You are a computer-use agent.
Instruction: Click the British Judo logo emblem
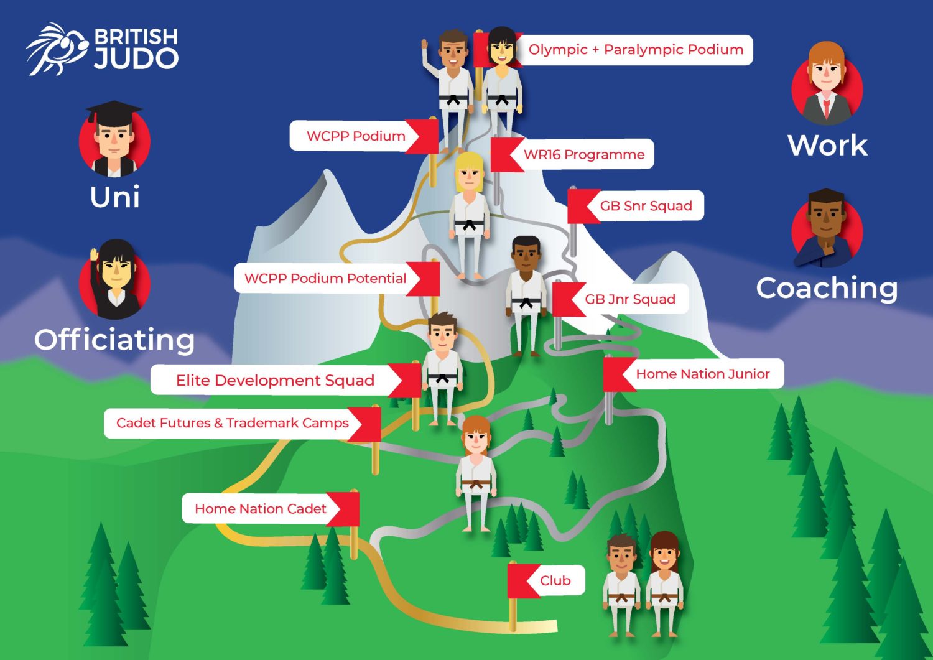click(56, 49)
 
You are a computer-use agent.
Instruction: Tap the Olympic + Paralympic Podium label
click(636, 50)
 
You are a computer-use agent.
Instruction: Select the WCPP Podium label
click(355, 136)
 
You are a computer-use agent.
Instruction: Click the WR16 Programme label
click(583, 154)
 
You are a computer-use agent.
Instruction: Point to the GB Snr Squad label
click(646, 206)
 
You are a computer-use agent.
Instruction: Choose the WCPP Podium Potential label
click(325, 278)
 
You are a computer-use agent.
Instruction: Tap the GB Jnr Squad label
click(629, 299)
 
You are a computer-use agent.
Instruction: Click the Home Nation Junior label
click(702, 374)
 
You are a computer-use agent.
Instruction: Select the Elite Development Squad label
click(275, 380)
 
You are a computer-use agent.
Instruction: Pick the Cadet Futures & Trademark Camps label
click(232, 423)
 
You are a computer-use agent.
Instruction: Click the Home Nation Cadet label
click(260, 509)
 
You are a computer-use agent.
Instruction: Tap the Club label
click(555, 580)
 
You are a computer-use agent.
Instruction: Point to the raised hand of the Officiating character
click(94, 256)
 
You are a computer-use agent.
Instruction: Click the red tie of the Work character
click(826, 108)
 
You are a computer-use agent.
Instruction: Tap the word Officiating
click(114, 340)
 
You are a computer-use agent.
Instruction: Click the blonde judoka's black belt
click(470, 225)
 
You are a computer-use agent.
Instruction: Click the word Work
click(827, 146)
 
